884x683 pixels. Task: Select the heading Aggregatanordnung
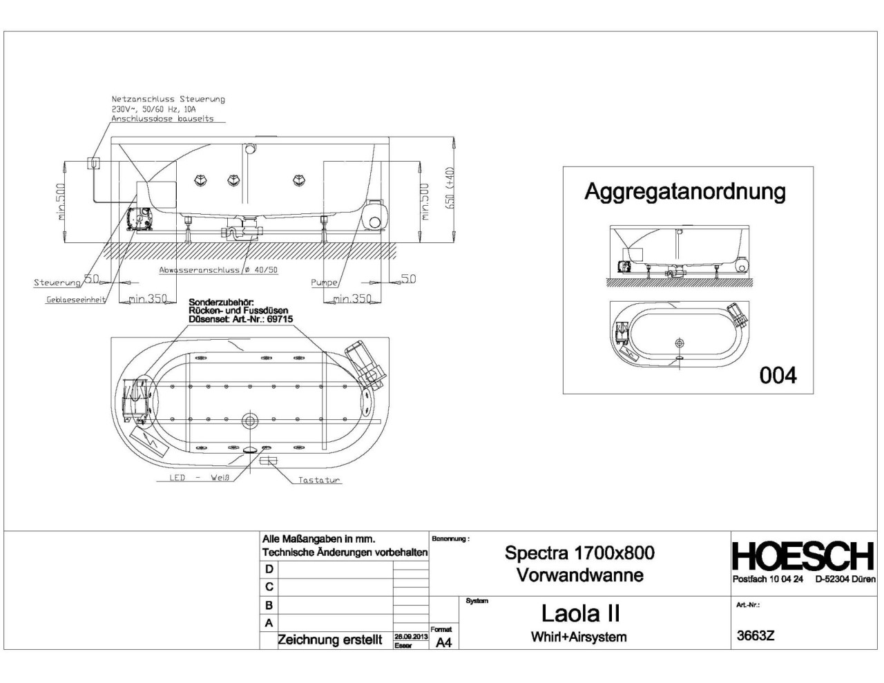[x=684, y=191]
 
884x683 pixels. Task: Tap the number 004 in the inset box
[x=778, y=375]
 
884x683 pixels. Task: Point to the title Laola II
[x=580, y=613]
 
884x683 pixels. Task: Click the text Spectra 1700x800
[x=579, y=552]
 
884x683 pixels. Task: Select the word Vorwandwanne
[x=579, y=575]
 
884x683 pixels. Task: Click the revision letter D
[x=269, y=569]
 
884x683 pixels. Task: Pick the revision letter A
[x=269, y=623]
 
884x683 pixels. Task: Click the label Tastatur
[x=319, y=480]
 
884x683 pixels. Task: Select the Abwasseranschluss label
[x=218, y=270]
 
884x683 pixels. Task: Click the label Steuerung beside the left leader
[x=57, y=282]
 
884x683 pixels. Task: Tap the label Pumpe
[x=324, y=282]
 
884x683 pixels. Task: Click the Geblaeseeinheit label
[x=76, y=300]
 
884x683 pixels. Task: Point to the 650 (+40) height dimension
[x=450, y=187]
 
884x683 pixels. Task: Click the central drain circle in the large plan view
[x=249, y=421]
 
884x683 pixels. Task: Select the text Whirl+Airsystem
[x=579, y=637]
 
